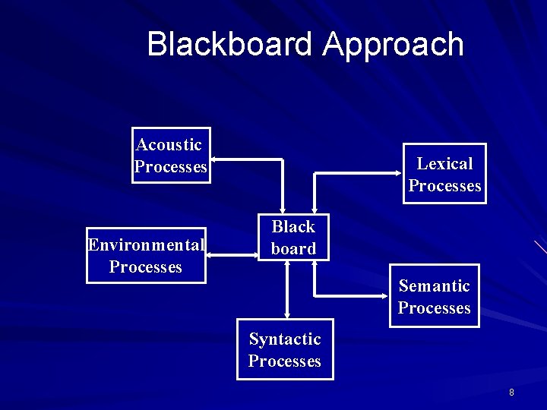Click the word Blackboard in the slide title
pos(230,44)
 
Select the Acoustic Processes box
pos(171,156)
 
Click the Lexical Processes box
pos(444,175)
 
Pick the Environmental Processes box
pos(146,256)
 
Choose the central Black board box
pos(293,237)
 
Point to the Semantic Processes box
pos(435,296)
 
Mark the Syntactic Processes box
pos(285,350)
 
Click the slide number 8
pos(511,393)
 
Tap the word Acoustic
pos(169,144)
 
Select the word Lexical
pos(444,163)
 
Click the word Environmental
pos(146,244)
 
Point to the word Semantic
pos(435,285)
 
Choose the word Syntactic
pos(285,339)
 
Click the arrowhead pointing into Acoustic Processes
pos(215,160)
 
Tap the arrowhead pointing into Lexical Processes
pos(398,174)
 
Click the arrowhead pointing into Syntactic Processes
pos(287,315)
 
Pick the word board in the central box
pos(293,248)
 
